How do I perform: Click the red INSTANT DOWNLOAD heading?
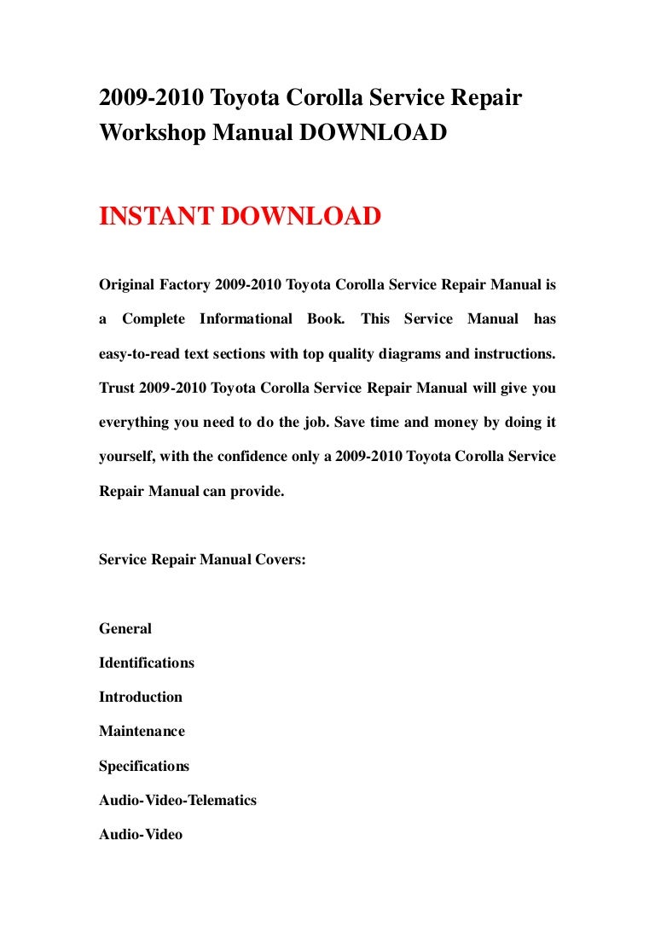click(x=240, y=217)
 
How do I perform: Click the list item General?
click(x=125, y=628)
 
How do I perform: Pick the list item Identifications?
click(x=147, y=662)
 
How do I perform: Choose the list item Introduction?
click(x=141, y=697)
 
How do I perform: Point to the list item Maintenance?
click(x=142, y=731)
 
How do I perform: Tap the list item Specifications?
click(x=144, y=766)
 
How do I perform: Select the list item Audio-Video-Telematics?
click(x=177, y=800)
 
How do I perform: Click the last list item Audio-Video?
click(x=141, y=834)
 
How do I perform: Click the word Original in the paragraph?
click(x=126, y=284)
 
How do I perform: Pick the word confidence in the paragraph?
click(x=255, y=456)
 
